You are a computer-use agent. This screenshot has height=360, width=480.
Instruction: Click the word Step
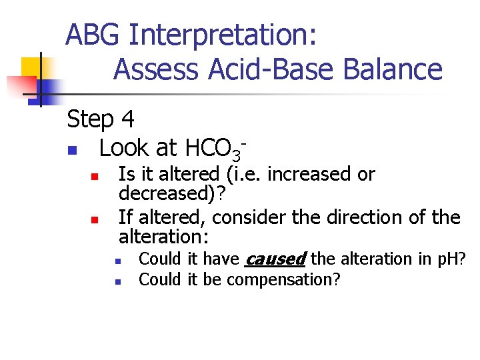click(90, 120)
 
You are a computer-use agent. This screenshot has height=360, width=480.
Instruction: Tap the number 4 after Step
click(128, 120)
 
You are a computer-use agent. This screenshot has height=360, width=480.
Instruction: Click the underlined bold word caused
click(276, 259)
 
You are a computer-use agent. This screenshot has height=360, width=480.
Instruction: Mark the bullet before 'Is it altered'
click(95, 177)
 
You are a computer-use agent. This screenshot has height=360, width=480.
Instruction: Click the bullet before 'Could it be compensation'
click(116, 281)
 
